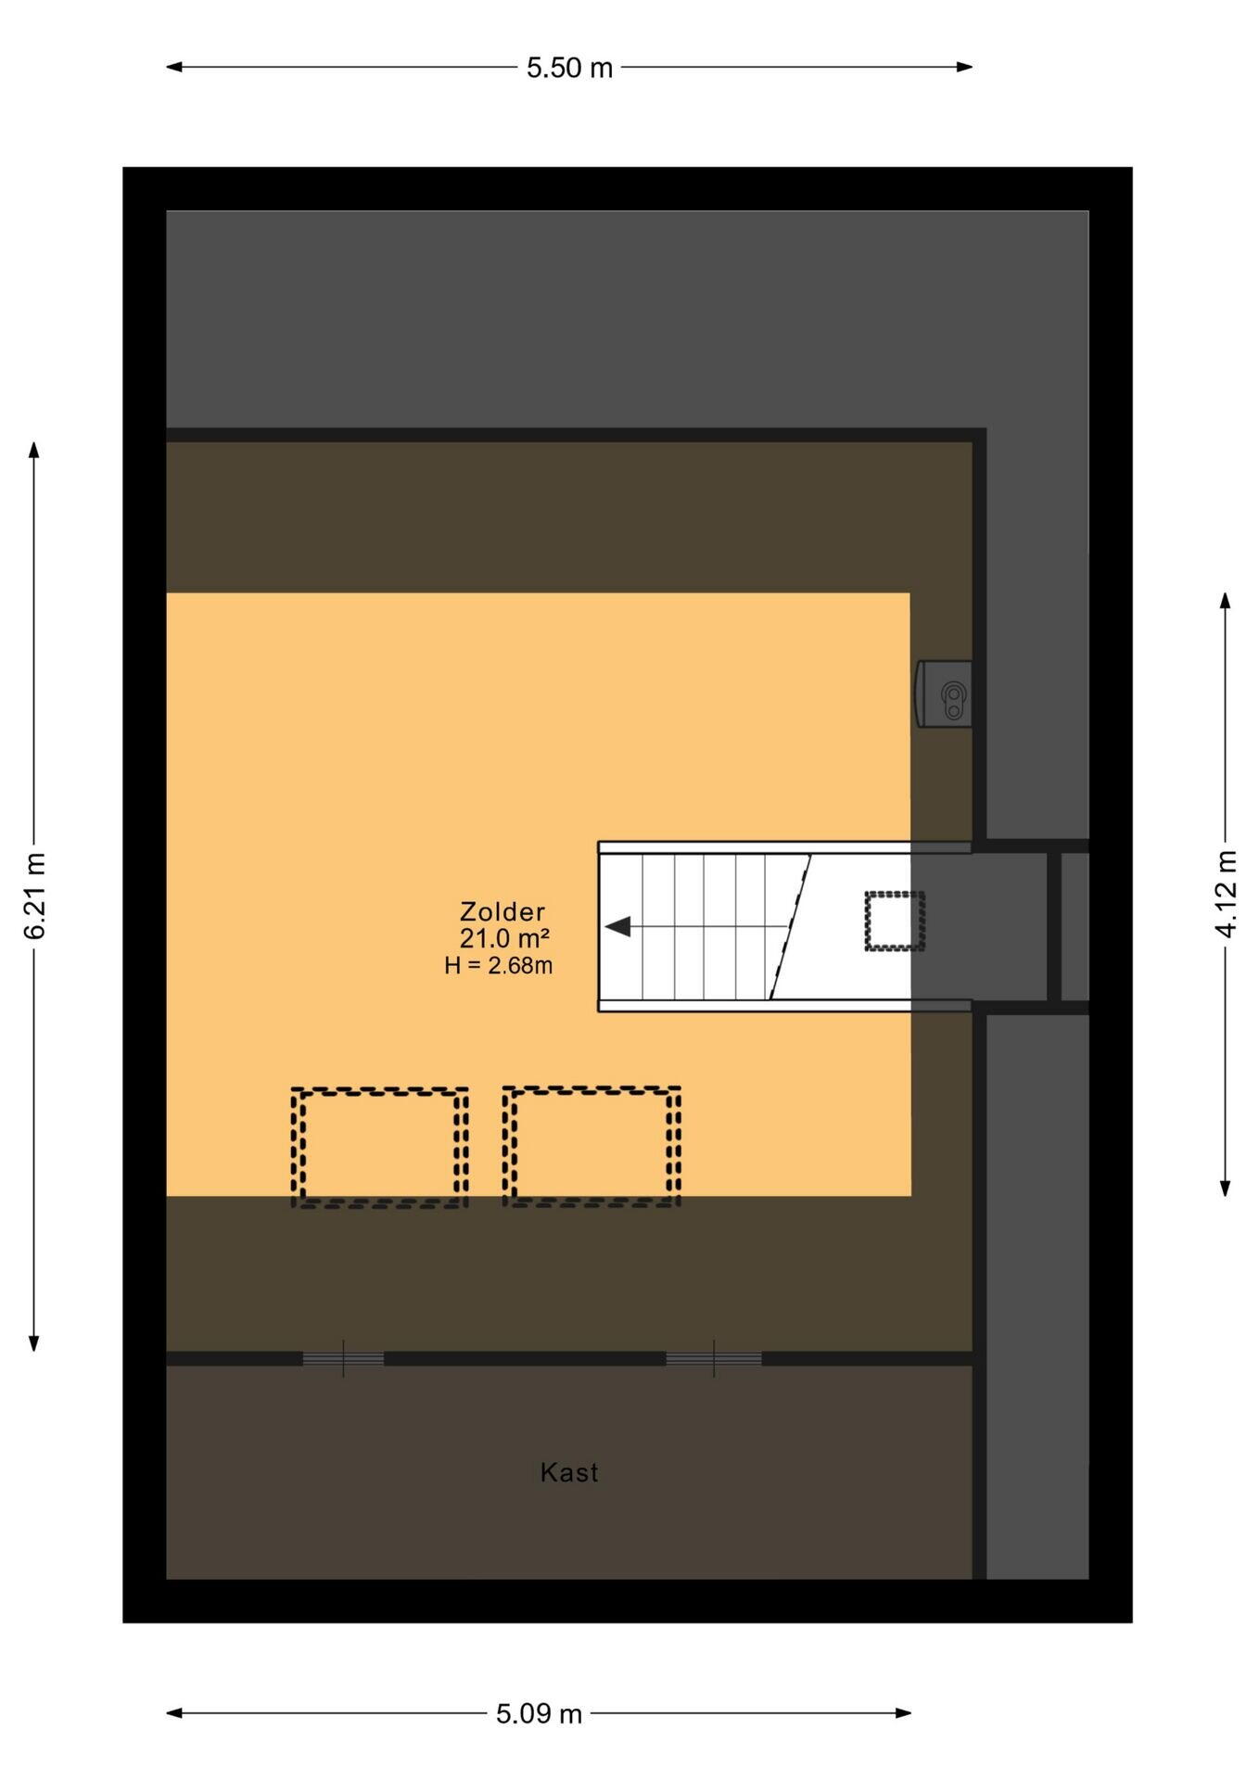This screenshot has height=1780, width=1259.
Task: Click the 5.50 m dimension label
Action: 569,68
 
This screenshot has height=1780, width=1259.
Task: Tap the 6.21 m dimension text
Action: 34,895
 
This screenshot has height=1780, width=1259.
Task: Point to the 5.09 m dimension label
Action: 539,1713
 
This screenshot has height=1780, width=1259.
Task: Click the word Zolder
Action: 502,911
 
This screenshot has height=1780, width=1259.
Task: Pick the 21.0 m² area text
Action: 504,938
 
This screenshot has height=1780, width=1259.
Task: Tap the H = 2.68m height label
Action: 498,965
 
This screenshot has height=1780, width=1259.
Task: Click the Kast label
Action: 569,1472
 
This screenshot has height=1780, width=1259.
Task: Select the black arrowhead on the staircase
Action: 617,926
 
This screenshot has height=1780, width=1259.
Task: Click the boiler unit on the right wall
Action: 944,693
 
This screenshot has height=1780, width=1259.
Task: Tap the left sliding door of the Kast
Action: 343,1359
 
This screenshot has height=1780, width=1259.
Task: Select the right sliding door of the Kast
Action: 714,1359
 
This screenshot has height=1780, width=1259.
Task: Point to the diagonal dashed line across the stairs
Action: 790,927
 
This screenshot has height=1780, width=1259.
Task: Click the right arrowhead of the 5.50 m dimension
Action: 965,67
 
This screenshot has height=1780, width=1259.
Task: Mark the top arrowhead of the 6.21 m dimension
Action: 34,450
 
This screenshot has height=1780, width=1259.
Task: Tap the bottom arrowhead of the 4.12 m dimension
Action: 1226,1188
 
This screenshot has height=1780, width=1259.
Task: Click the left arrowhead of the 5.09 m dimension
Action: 174,1713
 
